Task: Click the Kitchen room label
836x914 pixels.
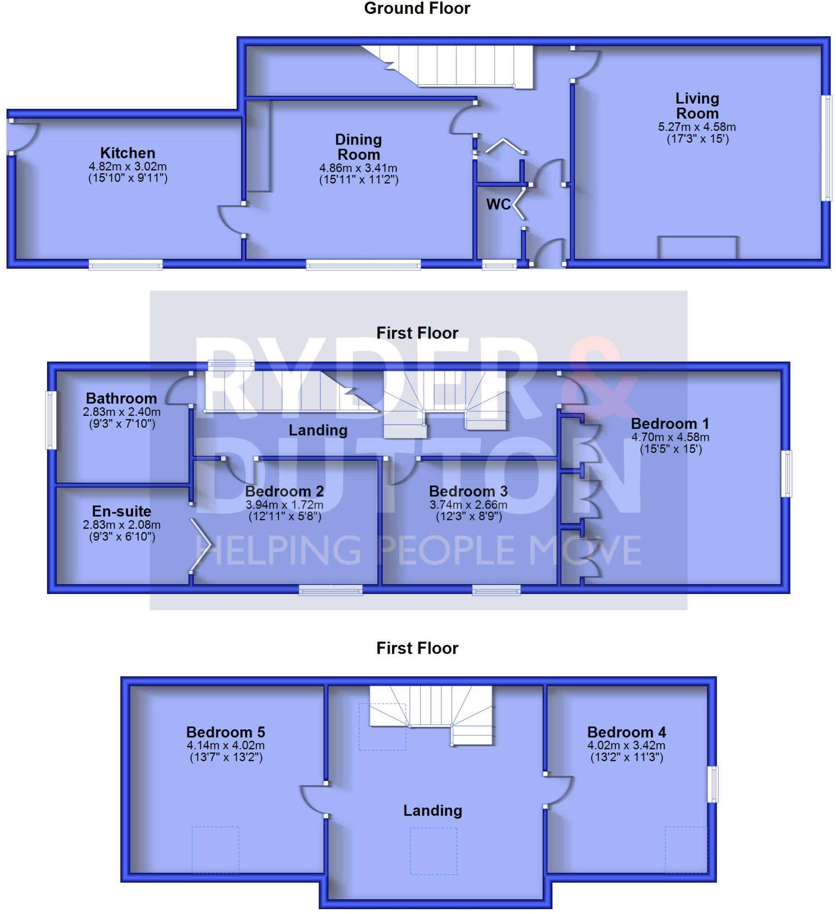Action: (x=127, y=153)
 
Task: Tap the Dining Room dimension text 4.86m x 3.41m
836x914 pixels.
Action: (x=358, y=168)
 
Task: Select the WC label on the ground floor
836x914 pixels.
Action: (x=497, y=204)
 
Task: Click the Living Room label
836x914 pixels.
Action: (x=697, y=106)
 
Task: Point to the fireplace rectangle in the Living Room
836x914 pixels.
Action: (x=698, y=247)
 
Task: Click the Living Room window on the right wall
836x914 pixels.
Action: (x=828, y=148)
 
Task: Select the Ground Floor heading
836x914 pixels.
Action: (x=417, y=8)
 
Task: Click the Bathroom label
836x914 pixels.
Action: (x=121, y=399)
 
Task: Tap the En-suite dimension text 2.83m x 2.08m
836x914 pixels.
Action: (x=121, y=525)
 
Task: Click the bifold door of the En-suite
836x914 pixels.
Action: (x=200, y=544)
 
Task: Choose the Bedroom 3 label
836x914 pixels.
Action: (x=468, y=491)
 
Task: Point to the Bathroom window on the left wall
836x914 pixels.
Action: (x=51, y=420)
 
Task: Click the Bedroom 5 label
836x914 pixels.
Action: (x=226, y=732)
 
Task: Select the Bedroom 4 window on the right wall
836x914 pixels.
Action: (x=713, y=784)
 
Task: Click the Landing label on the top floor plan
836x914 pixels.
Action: (x=432, y=810)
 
